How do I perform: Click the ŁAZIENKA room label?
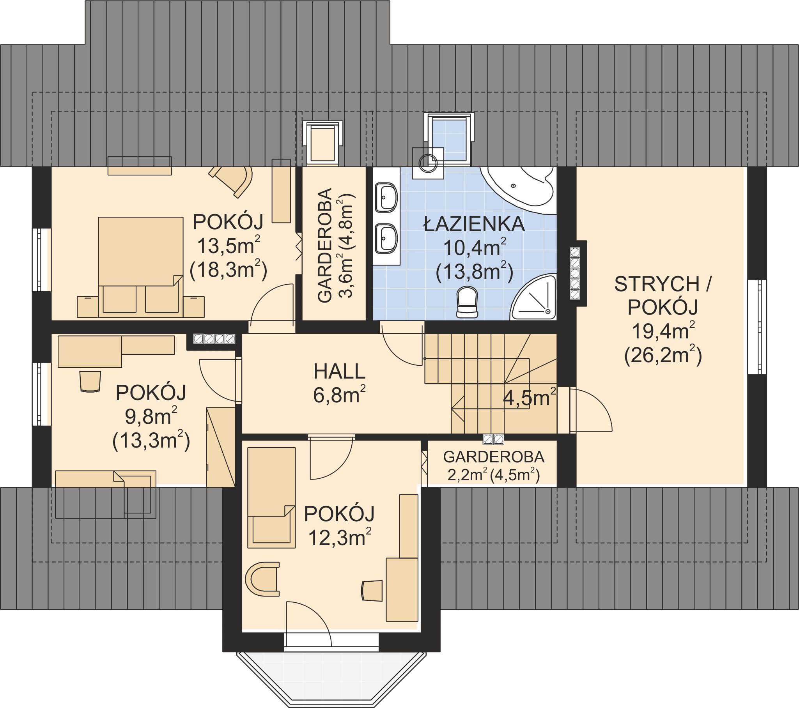click(474, 224)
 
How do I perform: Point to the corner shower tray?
click(534, 297)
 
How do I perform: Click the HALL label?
click(339, 371)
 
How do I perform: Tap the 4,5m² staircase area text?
click(529, 397)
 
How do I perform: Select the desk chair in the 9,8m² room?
click(90, 381)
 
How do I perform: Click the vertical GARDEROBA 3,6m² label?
click(335, 246)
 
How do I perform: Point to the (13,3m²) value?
click(151, 441)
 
